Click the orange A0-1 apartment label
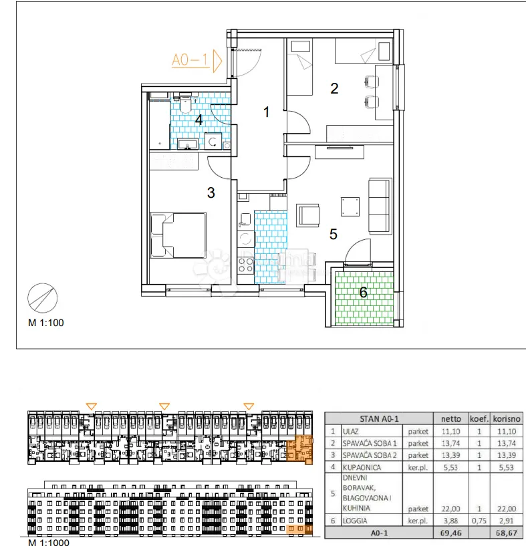190,60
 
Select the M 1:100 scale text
46,323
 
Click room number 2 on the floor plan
334,88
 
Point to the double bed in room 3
178,235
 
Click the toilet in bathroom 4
185,104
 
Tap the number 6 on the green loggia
364,292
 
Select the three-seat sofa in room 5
380,205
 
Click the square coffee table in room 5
350,207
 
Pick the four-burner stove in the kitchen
245,265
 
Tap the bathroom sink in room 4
188,144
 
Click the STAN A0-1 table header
379,418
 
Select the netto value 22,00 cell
450,509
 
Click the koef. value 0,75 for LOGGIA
479,521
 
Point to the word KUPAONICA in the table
362,467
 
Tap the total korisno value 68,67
507,533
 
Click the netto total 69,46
450,533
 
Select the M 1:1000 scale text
49,542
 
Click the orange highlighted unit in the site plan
299,450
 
